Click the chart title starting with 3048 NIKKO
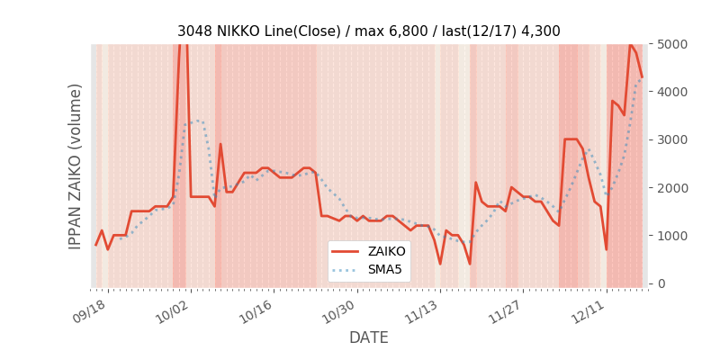coord(368,31)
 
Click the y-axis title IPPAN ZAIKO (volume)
coord(76,166)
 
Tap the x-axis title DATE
coord(368,337)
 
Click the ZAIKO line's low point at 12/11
coord(606,249)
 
